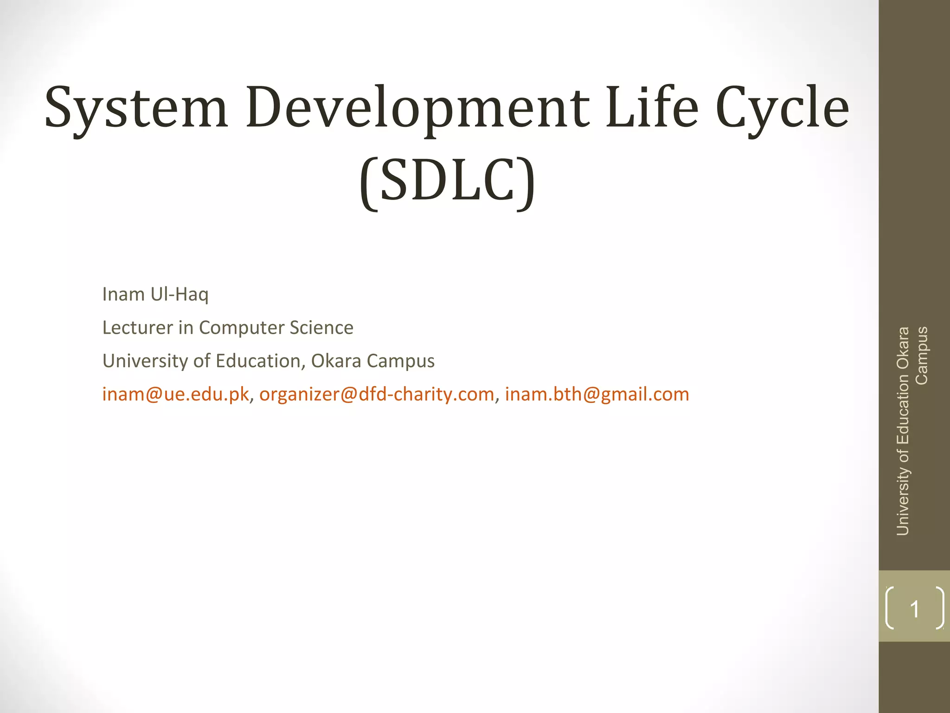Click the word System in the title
[136, 108]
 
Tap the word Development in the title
[417, 108]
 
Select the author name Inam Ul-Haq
[155, 294]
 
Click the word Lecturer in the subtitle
[138, 328]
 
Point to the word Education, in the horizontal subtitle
[260, 361]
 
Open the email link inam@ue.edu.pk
[176, 395]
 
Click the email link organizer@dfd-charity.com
[377, 395]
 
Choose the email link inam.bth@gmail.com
[597, 395]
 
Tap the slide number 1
[915, 609]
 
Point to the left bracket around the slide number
[889, 608]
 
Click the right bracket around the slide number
[940, 608]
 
